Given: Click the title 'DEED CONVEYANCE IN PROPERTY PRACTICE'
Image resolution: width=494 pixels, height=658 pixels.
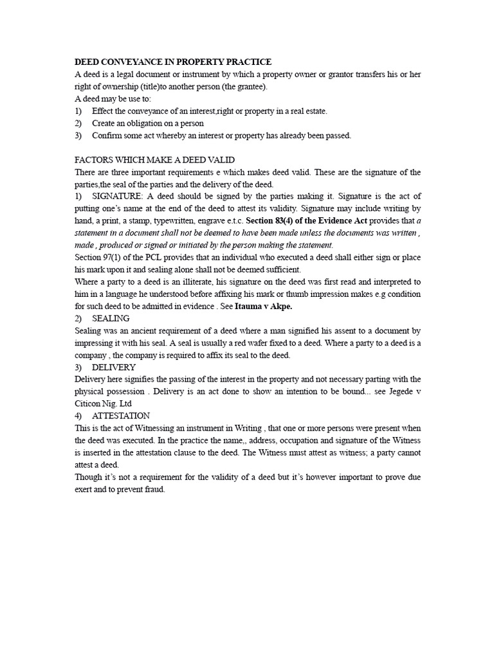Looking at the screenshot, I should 173,62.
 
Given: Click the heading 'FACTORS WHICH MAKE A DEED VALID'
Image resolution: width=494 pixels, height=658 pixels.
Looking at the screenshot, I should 155,160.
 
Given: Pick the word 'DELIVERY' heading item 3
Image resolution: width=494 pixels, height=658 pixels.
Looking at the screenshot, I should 114,367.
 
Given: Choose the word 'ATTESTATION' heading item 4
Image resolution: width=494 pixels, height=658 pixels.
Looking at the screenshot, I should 121,416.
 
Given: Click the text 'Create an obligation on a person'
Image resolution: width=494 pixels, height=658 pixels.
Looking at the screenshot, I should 148,123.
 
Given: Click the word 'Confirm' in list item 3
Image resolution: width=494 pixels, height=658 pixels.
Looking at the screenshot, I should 106,136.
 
